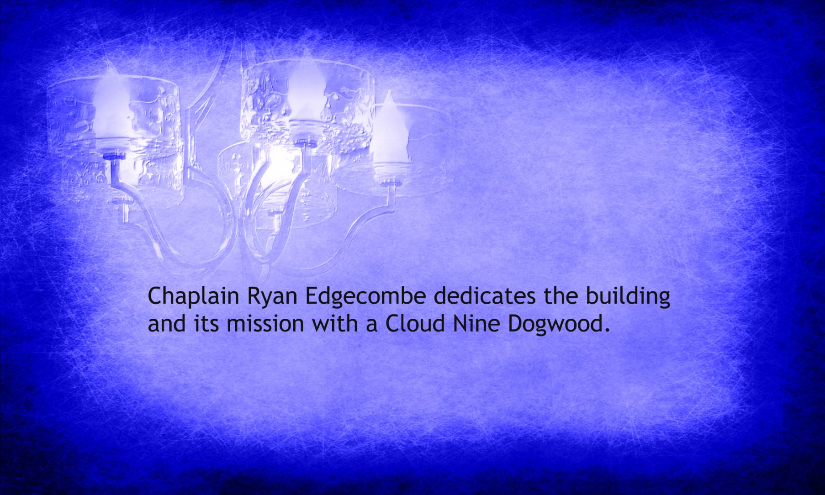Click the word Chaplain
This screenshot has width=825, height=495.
coord(193,297)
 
